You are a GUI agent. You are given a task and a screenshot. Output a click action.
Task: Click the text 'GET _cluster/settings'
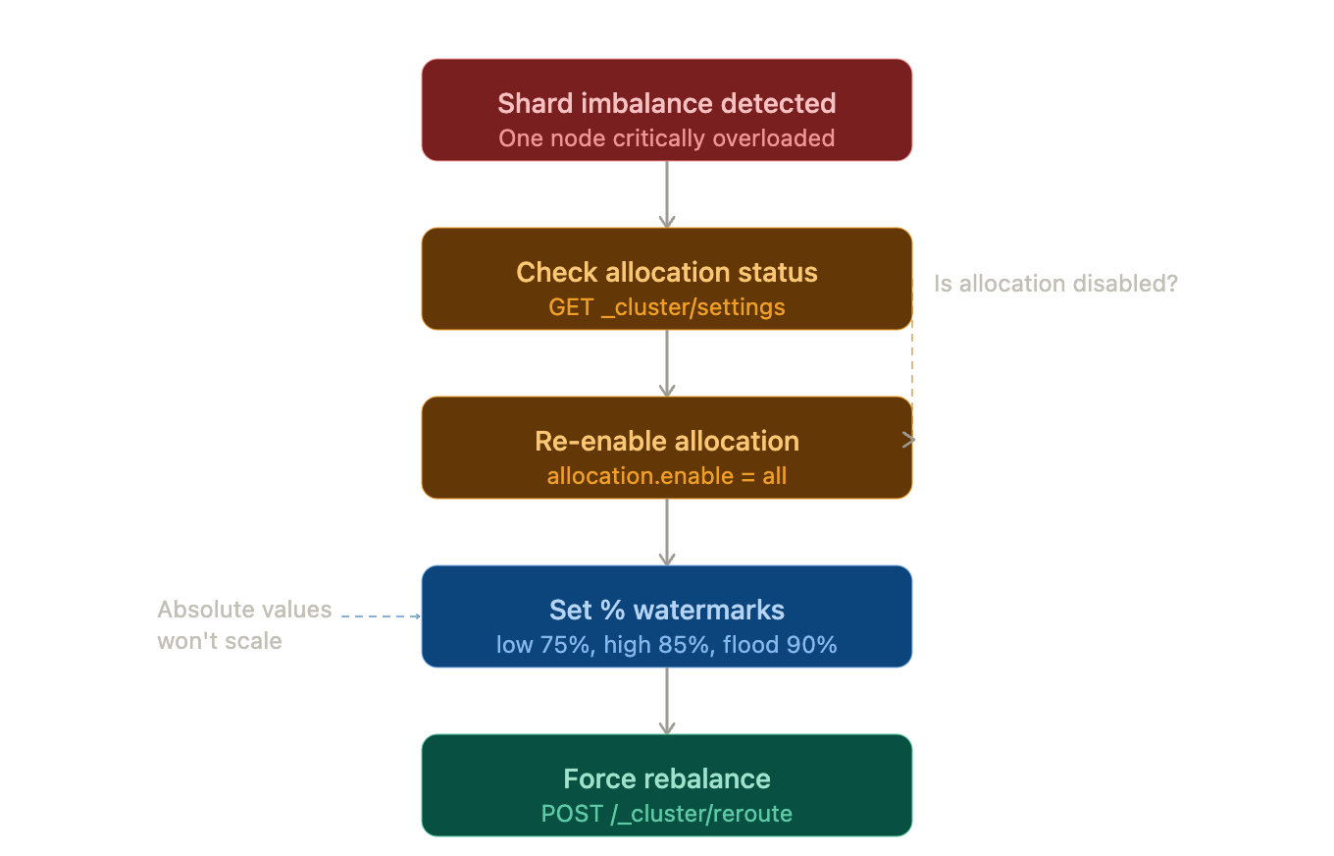tap(667, 307)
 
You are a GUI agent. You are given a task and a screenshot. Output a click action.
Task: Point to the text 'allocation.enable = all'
tap(667, 476)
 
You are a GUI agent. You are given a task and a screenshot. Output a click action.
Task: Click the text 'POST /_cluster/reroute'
tap(667, 814)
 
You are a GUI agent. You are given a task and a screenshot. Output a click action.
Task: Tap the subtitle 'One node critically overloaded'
tap(667, 138)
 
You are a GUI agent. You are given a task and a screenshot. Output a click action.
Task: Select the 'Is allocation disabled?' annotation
tap(1055, 284)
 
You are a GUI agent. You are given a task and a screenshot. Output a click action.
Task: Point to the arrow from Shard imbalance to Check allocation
tap(667, 194)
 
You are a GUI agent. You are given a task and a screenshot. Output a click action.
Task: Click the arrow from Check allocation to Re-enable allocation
tap(667, 363)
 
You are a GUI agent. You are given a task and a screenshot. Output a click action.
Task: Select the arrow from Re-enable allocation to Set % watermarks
tap(667, 532)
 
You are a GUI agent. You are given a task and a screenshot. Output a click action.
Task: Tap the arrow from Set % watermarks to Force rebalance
tap(667, 701)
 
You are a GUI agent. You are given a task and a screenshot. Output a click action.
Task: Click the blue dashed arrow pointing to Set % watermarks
tap(381, 616)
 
